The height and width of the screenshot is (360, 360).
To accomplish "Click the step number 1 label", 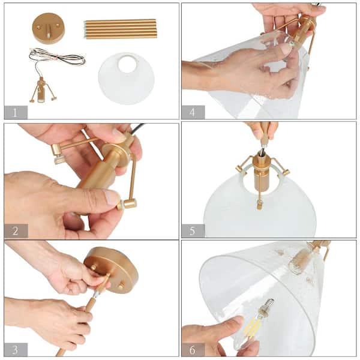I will [16, 112].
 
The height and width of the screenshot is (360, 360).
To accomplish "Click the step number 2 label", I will [16, 231].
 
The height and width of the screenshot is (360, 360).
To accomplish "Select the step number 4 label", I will [193, 112].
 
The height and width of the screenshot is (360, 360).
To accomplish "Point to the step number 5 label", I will [193, 231].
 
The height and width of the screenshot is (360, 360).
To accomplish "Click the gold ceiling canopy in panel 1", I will [48, 28].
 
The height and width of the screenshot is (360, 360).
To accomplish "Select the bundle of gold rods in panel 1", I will [120, 29].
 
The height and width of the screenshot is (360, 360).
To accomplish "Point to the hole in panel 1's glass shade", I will [127, 64].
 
